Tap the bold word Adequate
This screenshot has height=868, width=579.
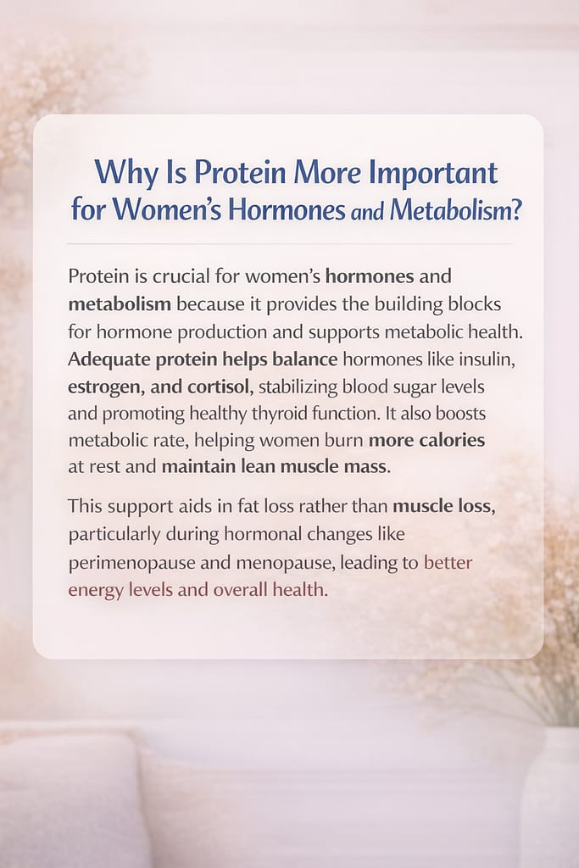pos(110,358)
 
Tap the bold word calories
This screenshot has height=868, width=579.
pos(448,439)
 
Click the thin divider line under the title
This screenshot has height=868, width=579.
pos(289,244)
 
